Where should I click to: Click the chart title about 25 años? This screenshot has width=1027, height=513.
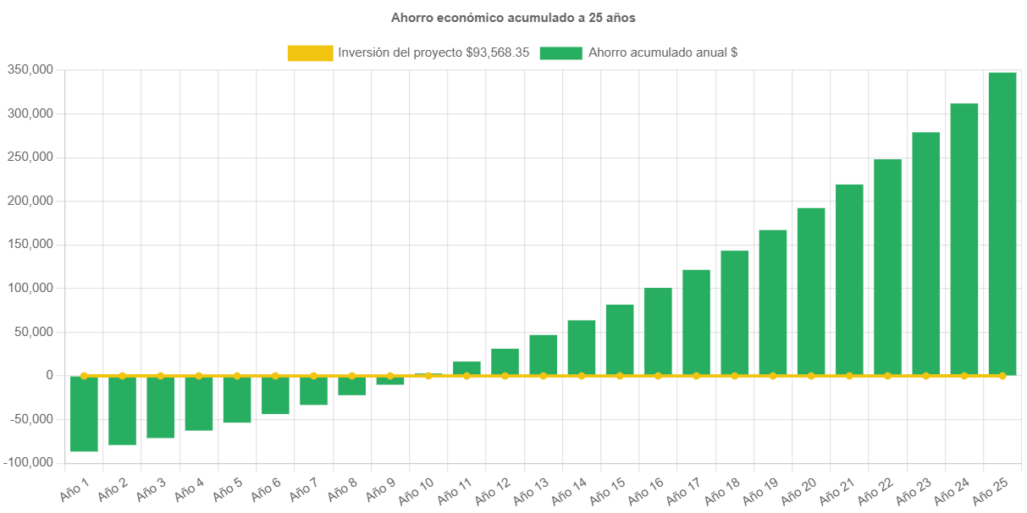tap(513, 17)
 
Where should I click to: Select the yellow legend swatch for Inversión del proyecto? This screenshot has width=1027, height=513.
tap(310, 52)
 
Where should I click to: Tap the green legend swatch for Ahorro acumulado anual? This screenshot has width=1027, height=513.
tap(560, 52)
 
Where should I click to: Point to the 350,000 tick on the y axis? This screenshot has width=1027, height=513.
tap(30, 69)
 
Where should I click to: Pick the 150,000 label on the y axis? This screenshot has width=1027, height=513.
tap(30, 244)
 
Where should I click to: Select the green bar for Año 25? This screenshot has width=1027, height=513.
tap(1002, 223)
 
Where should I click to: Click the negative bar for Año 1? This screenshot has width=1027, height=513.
tap(84, 414)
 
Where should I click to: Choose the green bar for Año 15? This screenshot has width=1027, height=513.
tap(619, 339)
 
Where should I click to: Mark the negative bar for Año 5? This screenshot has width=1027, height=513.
tap(237, 400)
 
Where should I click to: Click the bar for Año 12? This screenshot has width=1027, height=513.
tap(505, 361)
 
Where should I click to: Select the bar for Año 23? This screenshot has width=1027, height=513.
tap(925, 254)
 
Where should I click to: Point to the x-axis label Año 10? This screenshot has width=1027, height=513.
tap(417, 488)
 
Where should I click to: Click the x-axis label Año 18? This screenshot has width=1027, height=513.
tap(722, 488)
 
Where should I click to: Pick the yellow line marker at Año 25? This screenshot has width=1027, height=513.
tap(1002, 375)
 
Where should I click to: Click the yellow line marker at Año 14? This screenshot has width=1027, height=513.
tap(581, 375)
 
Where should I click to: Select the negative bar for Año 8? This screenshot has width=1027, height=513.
tap(351, 385)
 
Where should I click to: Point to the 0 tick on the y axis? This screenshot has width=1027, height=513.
tap(50, 375)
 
